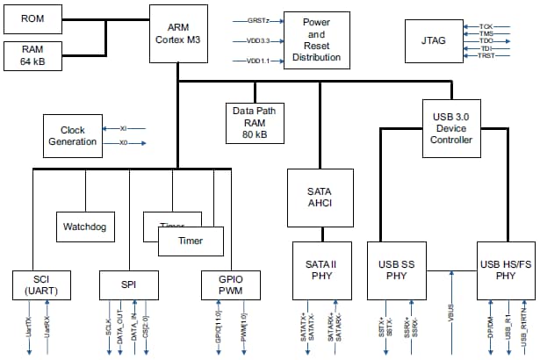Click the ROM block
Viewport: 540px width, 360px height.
click(x=32, y=18)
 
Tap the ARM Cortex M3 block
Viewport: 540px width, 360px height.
click(x=177, y=32)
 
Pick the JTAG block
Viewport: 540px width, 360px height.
click(x=431, y=39)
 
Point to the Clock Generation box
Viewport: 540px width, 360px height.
click(x=73, y=136)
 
